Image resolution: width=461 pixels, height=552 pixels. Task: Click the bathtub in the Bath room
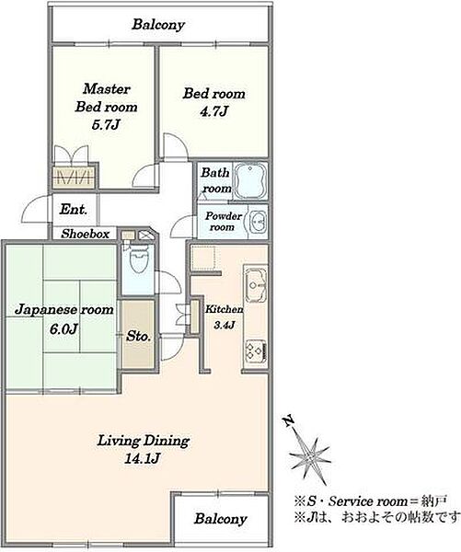point(251,180)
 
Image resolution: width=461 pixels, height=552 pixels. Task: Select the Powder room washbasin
point(259,222)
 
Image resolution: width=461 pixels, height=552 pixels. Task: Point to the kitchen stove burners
point(256,350)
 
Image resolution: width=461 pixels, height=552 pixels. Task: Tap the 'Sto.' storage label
point(138,336)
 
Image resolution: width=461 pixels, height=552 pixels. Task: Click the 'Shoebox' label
point(86,234)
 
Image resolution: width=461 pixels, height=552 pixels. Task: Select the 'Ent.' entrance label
point(74,209)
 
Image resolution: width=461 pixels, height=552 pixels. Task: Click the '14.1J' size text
point(143,458)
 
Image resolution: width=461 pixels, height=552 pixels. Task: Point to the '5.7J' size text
point(106,124)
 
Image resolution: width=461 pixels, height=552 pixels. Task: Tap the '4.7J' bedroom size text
point(213,111)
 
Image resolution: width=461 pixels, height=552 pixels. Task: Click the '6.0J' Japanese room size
point(63,328)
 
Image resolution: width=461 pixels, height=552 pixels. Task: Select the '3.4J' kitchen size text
point(224,325)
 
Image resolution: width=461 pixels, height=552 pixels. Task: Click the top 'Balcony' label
point(158,25)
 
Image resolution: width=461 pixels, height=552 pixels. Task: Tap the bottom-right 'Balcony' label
point(221,519)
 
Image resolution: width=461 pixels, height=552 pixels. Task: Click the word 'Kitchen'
point(224,309)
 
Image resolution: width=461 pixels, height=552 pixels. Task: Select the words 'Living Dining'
point(144,441)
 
